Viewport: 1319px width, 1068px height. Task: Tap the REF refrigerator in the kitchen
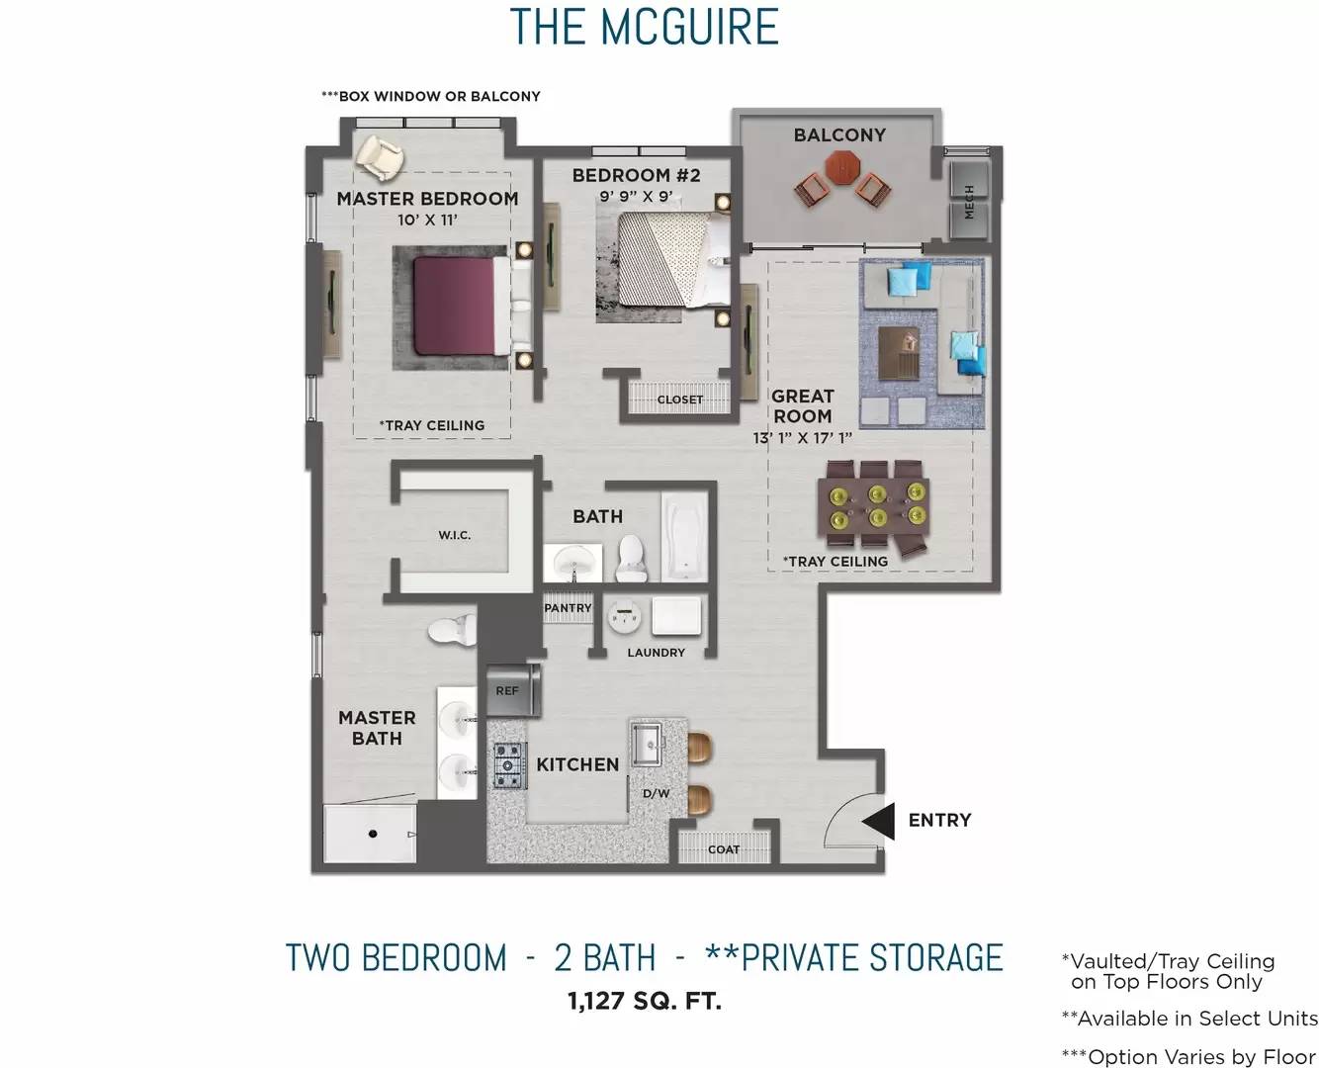tap(513, 690)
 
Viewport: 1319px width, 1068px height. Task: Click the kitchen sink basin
tap(647, 745)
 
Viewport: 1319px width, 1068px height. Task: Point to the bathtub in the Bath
tap(683, 536)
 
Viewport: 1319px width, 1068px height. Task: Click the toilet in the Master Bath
tap(453, 630)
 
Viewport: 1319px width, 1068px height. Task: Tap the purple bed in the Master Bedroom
tap(455, 306)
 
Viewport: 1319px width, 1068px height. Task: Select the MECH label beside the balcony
tap(970, 201)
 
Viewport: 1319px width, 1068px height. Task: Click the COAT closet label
tap(724, 849)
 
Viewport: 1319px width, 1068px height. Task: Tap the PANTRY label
tap(568, 608)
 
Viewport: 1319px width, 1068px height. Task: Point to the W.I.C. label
tap(455, 535)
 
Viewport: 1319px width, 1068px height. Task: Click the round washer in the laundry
tap(624, 617)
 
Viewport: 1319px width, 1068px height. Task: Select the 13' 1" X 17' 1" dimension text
tap(803, 438)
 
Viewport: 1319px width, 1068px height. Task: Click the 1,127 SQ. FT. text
tap(645, 1001)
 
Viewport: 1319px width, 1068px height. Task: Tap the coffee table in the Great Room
tap(899, 353)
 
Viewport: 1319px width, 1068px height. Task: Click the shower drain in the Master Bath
tap(372, 834)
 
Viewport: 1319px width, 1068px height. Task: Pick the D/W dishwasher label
tap(656, 793)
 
